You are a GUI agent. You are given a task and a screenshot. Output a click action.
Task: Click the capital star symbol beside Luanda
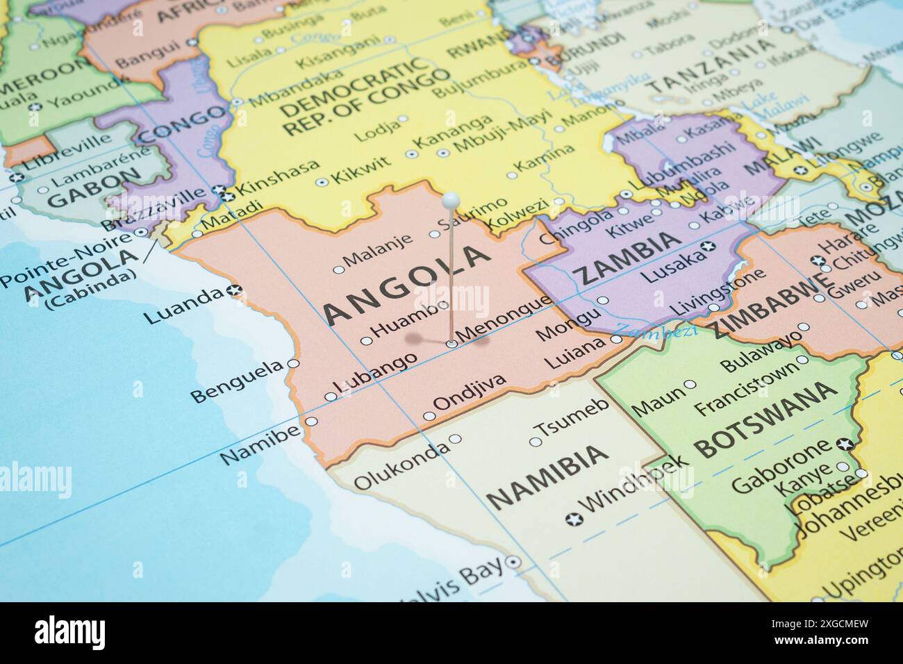point(235,290)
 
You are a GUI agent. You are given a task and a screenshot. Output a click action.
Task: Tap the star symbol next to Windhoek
point(574,519)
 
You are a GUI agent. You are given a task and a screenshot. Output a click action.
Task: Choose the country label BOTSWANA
point(765,420)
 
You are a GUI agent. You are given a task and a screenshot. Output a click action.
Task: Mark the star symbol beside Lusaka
point(708,246)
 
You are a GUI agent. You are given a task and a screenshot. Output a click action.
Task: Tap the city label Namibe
point(260,445)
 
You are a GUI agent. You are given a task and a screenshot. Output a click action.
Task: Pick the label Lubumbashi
point(684,161)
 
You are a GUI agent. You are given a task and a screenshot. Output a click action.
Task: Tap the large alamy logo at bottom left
point(70,633)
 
